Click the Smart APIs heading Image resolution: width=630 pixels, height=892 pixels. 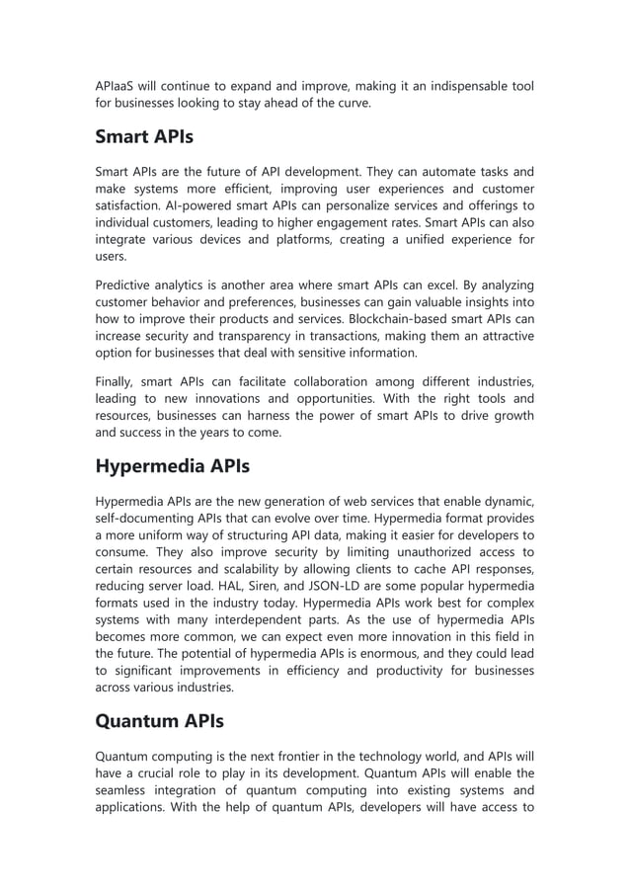click(x=144, y=136)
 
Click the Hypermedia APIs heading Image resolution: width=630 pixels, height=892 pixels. click(x=173, y=465)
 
